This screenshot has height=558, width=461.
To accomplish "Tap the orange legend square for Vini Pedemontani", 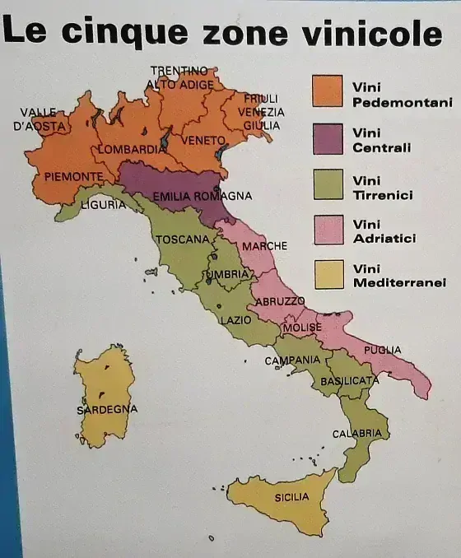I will pos(327,91).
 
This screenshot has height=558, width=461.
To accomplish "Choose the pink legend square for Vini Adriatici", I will pos(327,230).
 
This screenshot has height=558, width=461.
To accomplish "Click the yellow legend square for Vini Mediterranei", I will pos(327,276).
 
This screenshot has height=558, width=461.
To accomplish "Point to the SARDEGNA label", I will pos(107,409).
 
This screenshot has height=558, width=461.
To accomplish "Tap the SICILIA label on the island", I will pos(291,497).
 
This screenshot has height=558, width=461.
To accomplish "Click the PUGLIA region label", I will pos(383,351).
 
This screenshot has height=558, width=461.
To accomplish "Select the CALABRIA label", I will pos(356,433).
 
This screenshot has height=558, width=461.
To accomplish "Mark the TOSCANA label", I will pos(182,239).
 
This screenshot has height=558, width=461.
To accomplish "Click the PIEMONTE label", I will pos(74,176).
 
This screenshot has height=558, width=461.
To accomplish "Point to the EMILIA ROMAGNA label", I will pos(201,196).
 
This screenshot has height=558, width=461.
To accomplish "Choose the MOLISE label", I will pos(302,328).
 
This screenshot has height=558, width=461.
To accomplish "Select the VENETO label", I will pos(203,141).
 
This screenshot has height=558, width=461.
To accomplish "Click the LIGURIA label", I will pos(104,204).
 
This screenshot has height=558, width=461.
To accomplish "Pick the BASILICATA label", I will pos(349,381).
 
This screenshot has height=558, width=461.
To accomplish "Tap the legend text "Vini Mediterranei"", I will pos(398,276).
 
